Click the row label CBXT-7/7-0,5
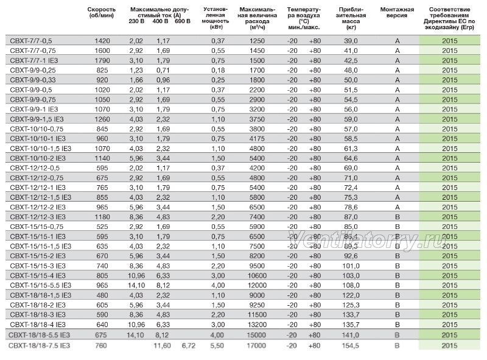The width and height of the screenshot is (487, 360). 31,41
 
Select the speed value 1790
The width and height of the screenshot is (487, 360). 102,60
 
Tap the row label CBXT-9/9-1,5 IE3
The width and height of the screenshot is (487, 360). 37,119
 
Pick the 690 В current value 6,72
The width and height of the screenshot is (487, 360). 188,345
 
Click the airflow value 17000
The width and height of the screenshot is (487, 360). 256,345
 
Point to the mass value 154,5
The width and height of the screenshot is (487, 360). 351,345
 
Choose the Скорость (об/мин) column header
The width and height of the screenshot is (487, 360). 101,12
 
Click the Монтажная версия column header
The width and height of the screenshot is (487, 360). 397,12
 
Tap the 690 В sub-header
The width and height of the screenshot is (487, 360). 182,21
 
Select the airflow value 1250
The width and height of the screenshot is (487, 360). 257,41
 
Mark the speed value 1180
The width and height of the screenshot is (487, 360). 102,217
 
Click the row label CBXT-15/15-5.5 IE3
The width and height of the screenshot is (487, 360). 40,285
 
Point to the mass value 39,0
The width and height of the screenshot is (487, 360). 351,41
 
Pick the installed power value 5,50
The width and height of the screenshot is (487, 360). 217,345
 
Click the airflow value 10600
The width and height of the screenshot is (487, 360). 257,275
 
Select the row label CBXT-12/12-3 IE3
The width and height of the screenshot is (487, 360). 38,217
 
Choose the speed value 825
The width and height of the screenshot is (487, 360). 102,70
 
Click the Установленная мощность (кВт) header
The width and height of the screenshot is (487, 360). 215,18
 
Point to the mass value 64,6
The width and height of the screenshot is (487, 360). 351,158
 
